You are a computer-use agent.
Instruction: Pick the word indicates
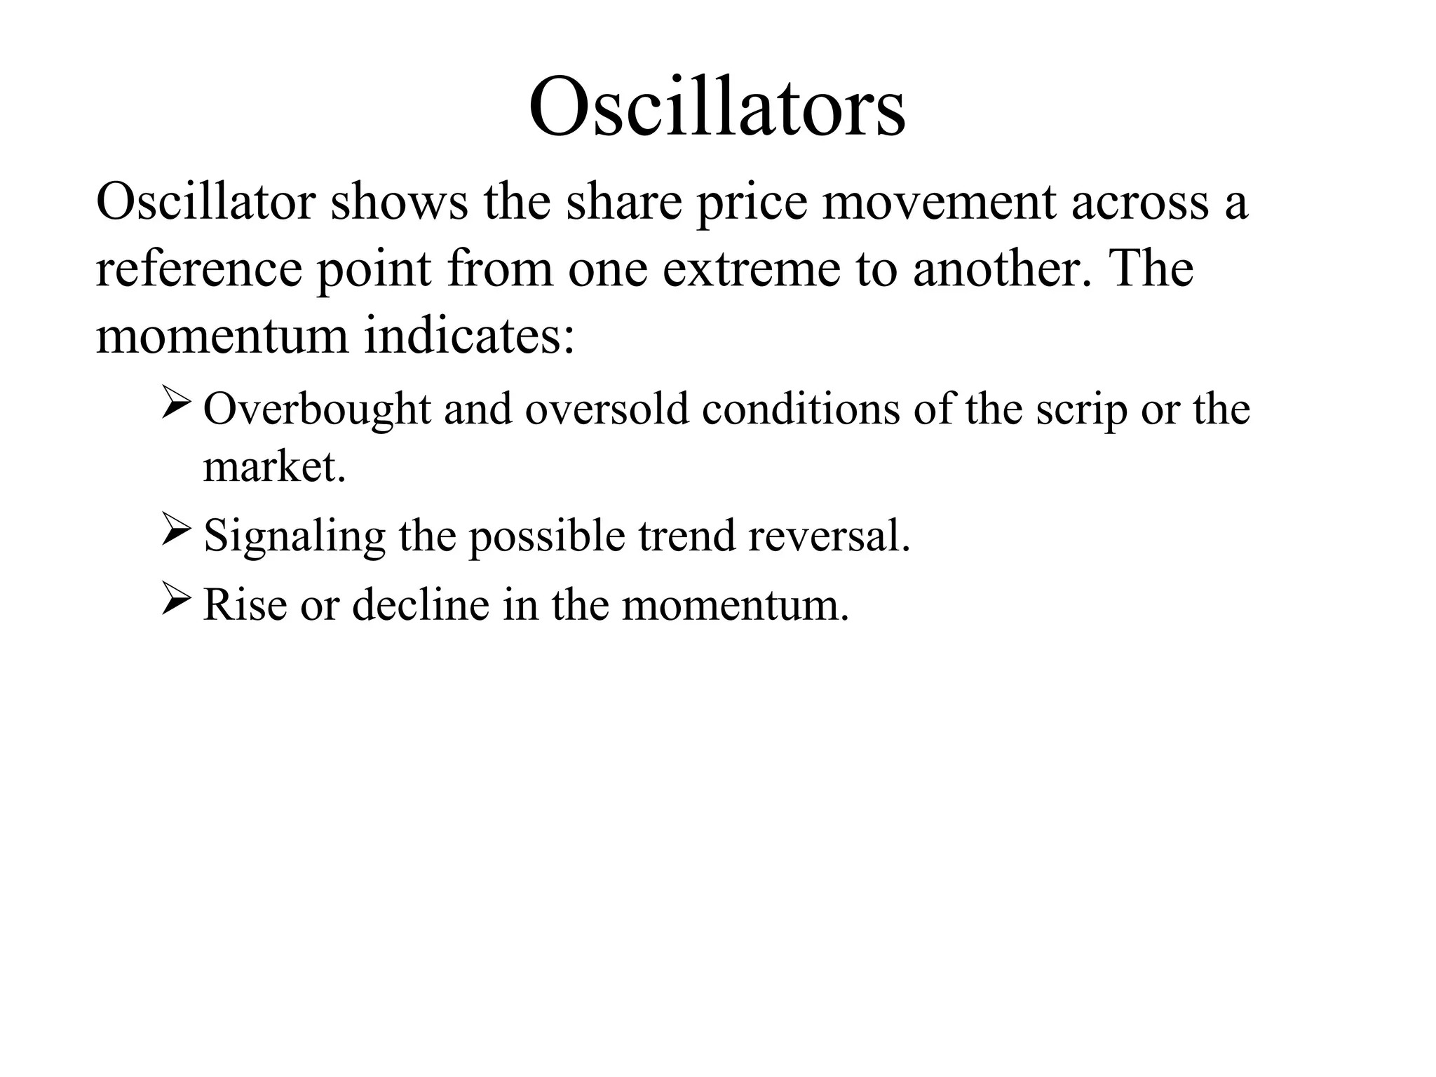(469, 337)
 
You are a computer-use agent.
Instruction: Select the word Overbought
(316, 409)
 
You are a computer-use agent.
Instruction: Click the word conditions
(801, 409)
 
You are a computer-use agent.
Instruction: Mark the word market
(274, 467)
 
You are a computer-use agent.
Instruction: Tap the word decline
(420, 604)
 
